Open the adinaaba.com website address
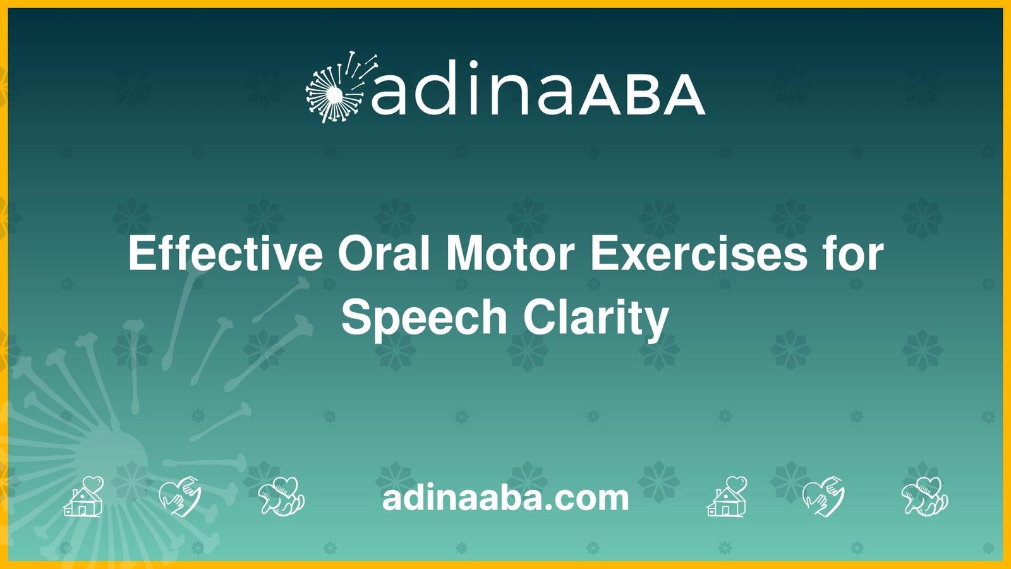click(505, 498)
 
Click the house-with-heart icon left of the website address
click(84, 497)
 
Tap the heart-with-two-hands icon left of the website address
click(179, 497)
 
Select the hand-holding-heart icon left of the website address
click(282, 497)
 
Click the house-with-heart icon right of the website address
click(727, 497)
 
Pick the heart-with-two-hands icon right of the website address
click(823, 497)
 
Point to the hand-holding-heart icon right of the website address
click(925, 497)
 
